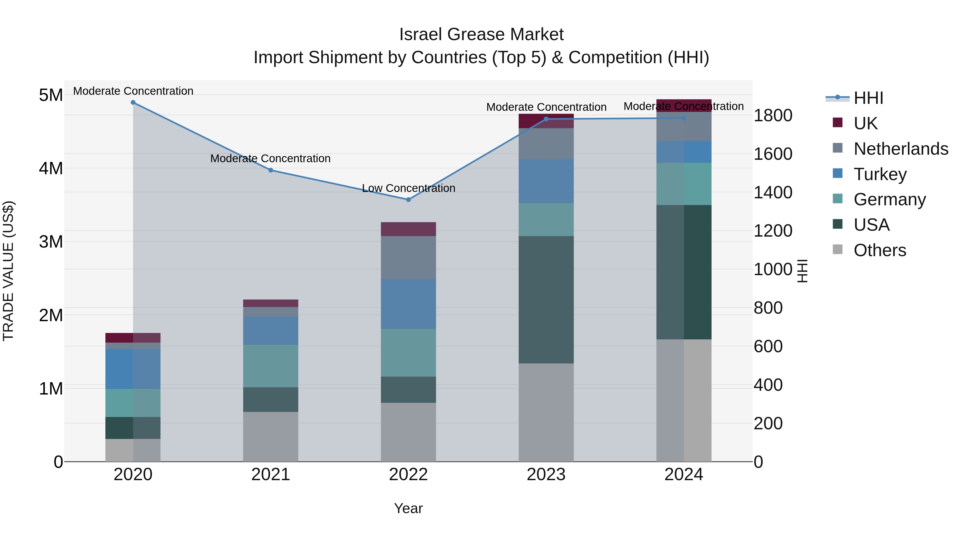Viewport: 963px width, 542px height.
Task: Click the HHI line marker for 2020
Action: pyautogui.click(x=133, y=103)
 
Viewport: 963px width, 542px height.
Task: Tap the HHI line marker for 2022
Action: pyautogui.click(x=408, y=200)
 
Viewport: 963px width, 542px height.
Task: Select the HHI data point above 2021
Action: pyautogui.click(x=271, y=170)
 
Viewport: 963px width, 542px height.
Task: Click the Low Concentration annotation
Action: pyautogui.click(x=408, y=188)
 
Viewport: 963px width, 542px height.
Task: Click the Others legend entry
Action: pyautogui.click(x=879, y=250)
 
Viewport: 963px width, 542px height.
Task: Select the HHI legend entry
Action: pyautogui.click(x=868, y=98)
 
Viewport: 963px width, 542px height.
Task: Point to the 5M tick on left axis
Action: pyautogui.click(x=51, y=95)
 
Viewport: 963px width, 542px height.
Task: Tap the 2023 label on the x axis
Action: pyautogui.click(x=546, y=475)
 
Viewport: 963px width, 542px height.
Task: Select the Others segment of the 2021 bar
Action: pyautogui.click(x=271, y=437)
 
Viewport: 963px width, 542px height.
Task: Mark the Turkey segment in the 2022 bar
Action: pyautogui.click(x=408, y=304)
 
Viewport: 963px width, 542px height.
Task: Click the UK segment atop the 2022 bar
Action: pyautogui.click(x=408, y=229)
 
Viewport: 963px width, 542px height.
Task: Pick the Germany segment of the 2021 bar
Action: pyautogui.click(x=271, y=366)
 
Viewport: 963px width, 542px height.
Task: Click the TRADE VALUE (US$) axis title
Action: pyautogui.click(x=9, y=271)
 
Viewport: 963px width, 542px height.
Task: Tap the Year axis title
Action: pyautogui.click(x=408, y=508)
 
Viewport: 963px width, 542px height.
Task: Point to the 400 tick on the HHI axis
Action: pyautogui.click(x=768, y=385)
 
